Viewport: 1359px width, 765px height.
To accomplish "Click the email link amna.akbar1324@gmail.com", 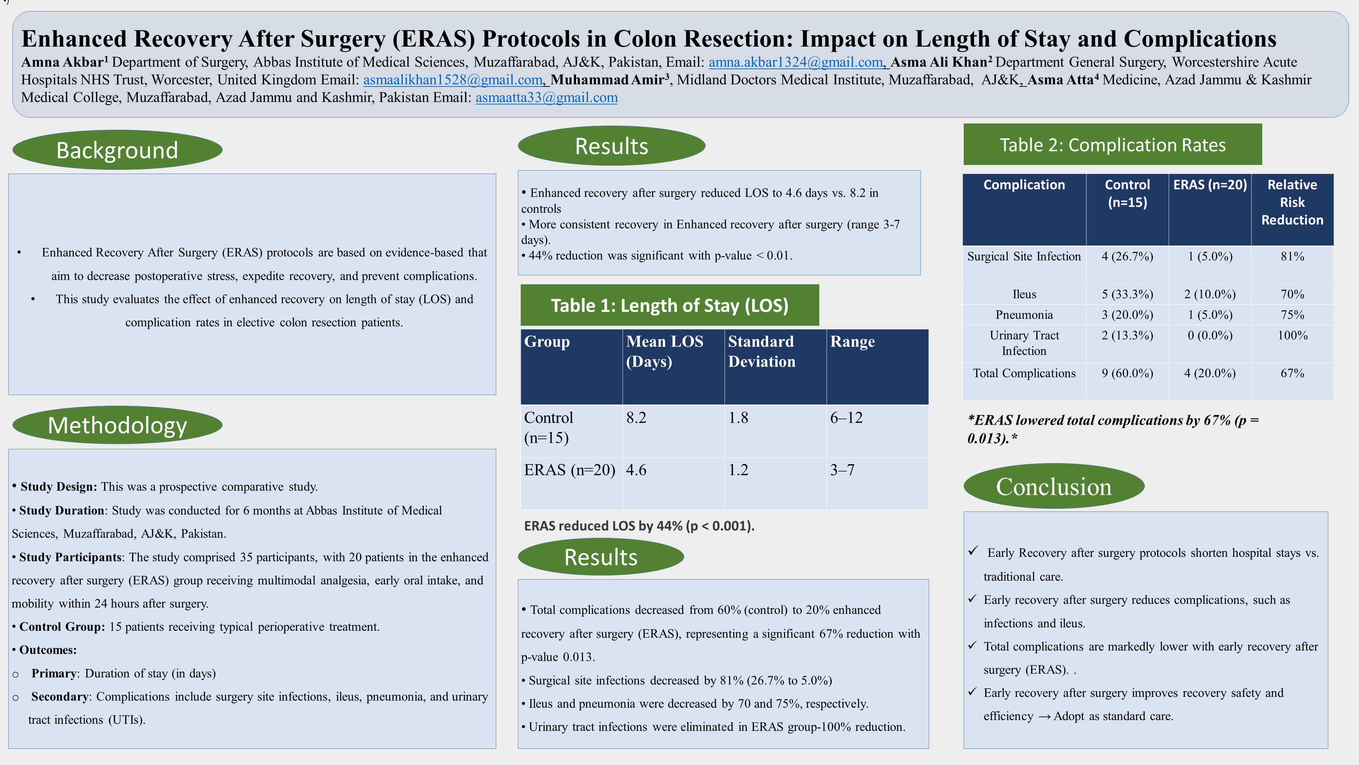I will [795, 62].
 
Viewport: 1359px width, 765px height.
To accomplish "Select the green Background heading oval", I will [117, 150].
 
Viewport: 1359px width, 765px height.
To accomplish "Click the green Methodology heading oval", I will [117, 425].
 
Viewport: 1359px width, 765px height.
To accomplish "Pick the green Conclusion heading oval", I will [1054, 486].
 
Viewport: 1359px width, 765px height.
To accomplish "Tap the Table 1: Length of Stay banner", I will [669, 305].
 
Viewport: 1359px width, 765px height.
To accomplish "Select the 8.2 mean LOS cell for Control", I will [636, 418].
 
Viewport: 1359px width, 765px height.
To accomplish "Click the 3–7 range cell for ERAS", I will [842, 470].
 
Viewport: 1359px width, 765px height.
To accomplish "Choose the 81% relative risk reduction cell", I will [1292, 257].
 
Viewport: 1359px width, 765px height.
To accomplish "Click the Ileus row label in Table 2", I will [1024, 294].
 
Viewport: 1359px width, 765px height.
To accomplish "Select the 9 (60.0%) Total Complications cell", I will [1127, 373].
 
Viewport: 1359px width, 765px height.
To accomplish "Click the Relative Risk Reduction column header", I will [1292, 202].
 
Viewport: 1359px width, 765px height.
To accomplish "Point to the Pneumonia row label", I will [1024, 315].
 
